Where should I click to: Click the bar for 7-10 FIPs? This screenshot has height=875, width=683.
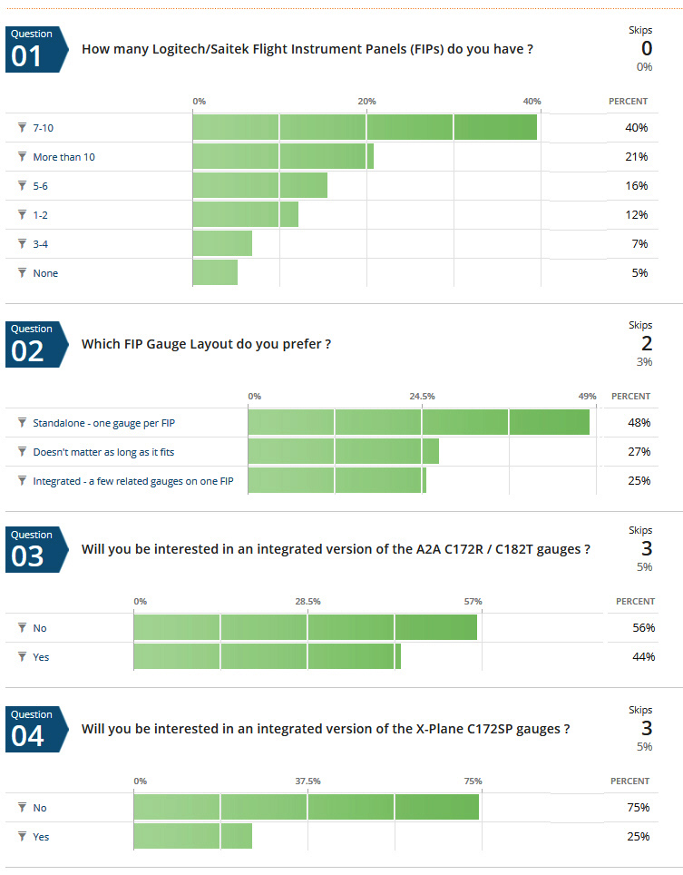click(364, 127)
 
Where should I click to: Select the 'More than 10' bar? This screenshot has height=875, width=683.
click(282, 156)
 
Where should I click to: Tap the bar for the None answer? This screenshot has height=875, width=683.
click(215, 272)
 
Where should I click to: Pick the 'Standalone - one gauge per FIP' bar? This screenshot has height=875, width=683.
click(418, 422)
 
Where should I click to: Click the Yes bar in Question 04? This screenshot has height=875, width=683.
click(192, 836)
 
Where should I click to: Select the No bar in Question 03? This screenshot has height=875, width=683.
click(305, 627)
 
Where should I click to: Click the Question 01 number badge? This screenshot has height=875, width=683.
click(31, 49)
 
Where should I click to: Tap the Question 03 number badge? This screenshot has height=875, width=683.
click(31, 550)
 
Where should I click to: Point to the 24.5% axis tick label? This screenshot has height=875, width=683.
click(422, 397)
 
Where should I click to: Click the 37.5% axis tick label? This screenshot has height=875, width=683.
click(307, 781)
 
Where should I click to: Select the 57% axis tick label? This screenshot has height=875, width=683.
click(473, 601)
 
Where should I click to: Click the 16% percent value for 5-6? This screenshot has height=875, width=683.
click(637, 185)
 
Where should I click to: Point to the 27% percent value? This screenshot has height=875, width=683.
click(639, 451)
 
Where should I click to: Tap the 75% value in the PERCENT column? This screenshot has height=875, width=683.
click(639, 807)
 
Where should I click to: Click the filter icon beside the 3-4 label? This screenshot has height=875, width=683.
click(22, 243)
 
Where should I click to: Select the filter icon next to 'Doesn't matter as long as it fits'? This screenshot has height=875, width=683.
click(22, 451)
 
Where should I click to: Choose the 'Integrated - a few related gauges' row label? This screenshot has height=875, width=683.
click(132, 480)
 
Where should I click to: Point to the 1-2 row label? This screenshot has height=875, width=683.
click(42, 214)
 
